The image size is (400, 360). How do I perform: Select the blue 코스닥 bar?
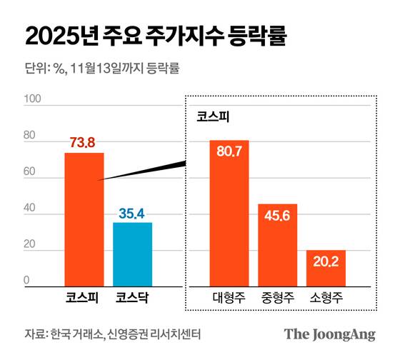(132, 254)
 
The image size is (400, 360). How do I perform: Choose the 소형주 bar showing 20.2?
(326, 267)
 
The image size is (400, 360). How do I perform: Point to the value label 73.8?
(82, 143)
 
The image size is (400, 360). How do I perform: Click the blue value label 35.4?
(132, 213)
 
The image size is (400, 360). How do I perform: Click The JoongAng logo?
(329, 334)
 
